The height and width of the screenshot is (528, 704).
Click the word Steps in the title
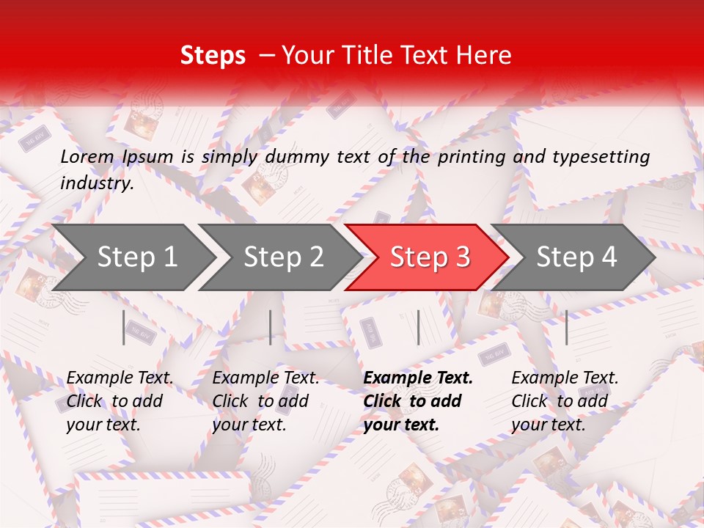coord(213,56)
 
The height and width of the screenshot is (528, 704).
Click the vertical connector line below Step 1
coord(124,327)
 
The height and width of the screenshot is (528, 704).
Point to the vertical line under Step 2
coord(271,327)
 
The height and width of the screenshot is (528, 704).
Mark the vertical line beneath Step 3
coord(418,327)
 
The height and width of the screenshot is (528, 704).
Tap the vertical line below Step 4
coord(567,327)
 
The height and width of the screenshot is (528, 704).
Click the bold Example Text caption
coord(418,378)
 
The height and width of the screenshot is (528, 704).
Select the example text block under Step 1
coord(120,401)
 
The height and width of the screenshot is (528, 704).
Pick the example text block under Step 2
coord(265,401)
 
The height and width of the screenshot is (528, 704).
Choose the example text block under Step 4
coord(565,401)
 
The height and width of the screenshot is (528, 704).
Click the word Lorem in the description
coord(87,156)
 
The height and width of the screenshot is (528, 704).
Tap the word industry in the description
coord(96,183)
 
